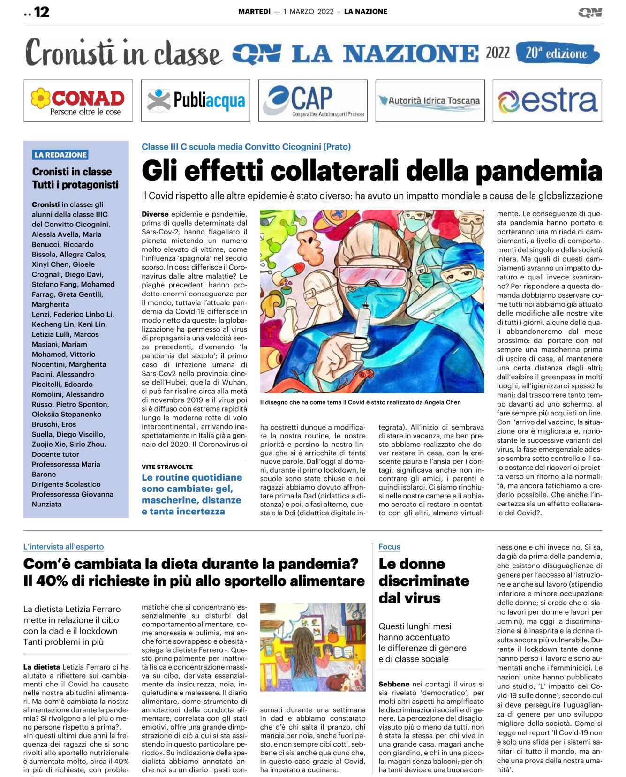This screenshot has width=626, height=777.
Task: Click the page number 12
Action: pos(41,12)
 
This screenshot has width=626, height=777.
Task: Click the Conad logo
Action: pos(78,101)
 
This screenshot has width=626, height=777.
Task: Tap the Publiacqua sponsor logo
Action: pos(196,101)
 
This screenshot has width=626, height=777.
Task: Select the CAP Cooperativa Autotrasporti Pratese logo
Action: pos(313,101)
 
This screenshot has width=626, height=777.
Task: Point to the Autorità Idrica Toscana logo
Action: pos(430,101)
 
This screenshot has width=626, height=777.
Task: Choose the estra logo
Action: pos(547,101)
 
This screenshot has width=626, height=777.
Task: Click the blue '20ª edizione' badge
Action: pos(557,53)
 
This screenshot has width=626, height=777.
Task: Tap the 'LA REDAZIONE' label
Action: pos(60,155)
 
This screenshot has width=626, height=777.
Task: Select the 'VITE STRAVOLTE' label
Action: pos(167,467)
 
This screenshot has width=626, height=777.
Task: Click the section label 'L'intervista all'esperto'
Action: pos(63,547)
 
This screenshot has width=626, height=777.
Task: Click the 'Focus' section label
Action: pos(389,547)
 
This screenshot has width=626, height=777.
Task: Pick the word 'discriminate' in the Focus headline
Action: pos(423,581)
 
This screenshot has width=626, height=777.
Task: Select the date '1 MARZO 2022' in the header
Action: pos(308,12)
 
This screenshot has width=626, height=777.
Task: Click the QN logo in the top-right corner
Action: pos(590,13)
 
